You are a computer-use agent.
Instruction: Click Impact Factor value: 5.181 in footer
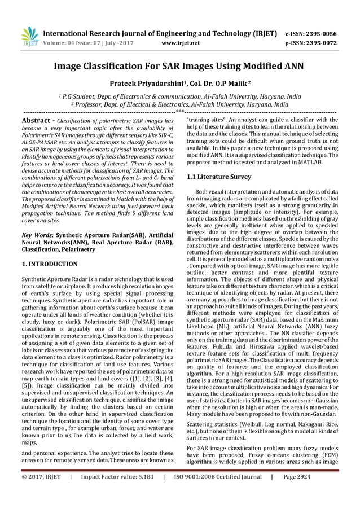(x=116, y=493)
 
